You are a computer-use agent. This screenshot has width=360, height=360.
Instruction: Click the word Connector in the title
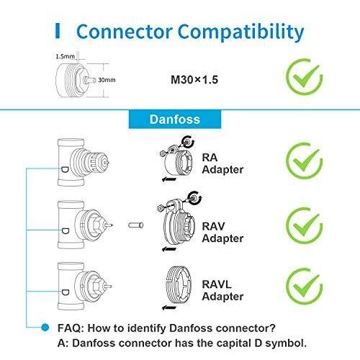coord(124,32)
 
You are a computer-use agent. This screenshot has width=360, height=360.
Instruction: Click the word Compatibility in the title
coord(240,32)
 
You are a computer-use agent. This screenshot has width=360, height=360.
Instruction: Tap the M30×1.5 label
coord(194,80)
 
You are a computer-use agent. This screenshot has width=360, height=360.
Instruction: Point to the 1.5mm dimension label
coord(66,57)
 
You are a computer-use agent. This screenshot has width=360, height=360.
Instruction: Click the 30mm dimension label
coord(107,80)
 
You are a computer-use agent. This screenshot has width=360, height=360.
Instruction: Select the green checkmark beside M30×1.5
coord(305,77)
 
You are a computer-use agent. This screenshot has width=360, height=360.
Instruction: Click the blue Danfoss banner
coord(175,120)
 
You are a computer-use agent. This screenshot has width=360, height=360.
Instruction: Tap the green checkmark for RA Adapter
coord(305,161)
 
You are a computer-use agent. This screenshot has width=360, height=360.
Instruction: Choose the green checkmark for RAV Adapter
coord(305,225)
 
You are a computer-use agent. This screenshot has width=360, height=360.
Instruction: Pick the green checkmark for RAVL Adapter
coord(305,286)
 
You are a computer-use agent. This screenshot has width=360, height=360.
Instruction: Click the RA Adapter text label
coord(222,163)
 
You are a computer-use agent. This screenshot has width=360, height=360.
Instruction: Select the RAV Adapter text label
coord(222,233)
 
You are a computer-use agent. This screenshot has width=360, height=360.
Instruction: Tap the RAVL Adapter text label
coord(222,290)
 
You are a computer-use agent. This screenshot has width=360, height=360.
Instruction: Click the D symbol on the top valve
coord(65,170)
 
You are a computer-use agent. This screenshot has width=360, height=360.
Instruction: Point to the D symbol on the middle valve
coord(66,231)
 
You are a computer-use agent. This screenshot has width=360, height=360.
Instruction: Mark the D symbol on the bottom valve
coord(66,292)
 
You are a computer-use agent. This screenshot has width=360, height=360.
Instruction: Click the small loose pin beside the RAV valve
coord(136,225)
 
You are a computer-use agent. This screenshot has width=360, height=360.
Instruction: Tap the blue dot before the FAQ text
coord(45,328)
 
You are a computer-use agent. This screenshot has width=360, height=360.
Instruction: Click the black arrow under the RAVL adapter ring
coord(169,307)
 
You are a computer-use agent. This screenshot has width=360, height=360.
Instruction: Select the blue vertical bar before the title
coord(58,31)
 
